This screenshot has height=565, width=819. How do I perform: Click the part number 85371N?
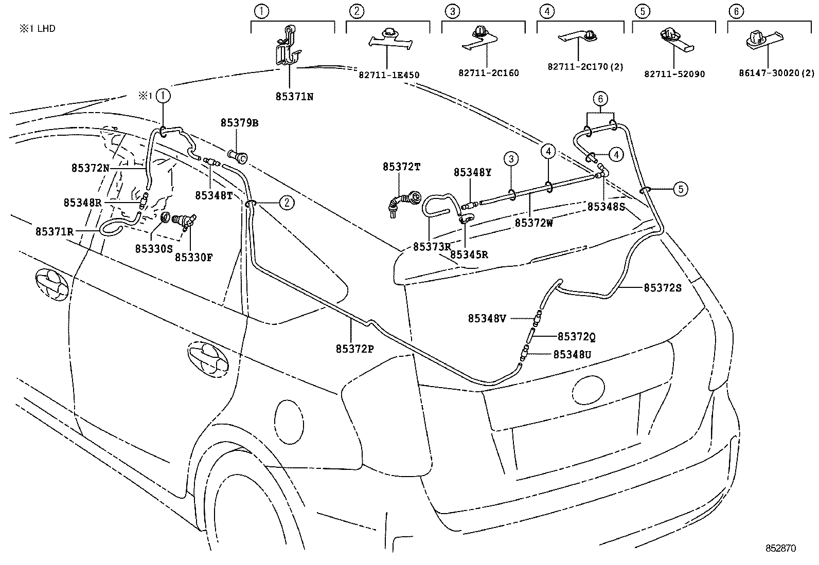coord(294,97)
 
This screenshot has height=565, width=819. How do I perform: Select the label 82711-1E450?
coord(388,75)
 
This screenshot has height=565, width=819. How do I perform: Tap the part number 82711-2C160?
coord(489,73)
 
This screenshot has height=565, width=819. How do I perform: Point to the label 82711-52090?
coord(674,74)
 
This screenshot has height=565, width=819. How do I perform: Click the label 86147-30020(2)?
coord(777,73)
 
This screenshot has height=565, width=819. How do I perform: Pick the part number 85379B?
coord(240,123)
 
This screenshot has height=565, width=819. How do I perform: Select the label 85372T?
coord(401,167)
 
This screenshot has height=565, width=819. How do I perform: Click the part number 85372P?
coord(354,349)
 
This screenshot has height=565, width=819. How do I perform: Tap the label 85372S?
coord(663,288)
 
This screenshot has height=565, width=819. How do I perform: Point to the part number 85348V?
coord(487,319)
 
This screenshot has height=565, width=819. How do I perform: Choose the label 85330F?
coord(193,258)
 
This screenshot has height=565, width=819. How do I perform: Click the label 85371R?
coord(55,232)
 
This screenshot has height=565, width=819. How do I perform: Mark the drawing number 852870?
coord(780,548)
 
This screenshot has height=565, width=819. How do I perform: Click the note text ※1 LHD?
coord(37,28)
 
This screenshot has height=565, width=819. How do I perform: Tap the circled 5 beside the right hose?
coord(681,189)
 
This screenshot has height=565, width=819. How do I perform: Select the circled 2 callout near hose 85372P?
coord(287,203)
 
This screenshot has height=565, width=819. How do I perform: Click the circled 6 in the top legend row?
coord(736,12)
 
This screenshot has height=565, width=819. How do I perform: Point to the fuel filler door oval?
coord(289,422)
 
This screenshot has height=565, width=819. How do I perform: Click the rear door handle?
coord(208,359)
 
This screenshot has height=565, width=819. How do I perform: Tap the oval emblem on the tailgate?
coord(589,389)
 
